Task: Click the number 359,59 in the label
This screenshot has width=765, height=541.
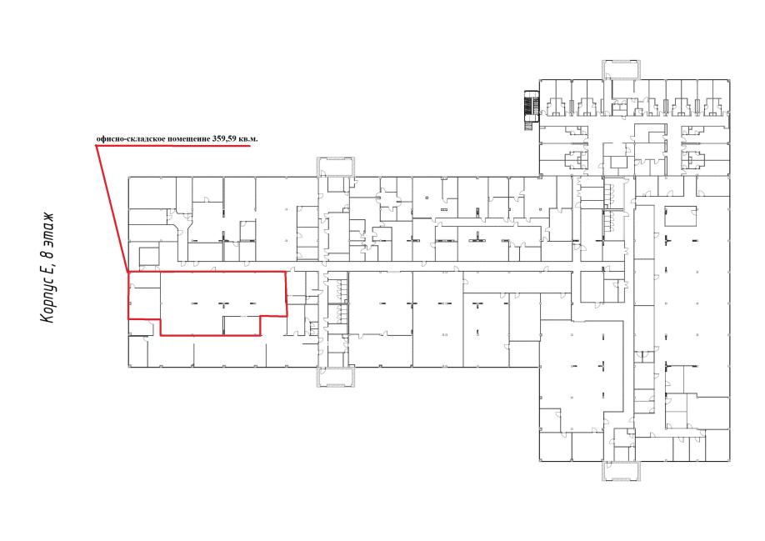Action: click(225, 138)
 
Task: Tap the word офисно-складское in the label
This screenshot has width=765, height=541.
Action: click(131, 139)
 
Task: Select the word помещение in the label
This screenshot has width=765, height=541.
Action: click(189, 139)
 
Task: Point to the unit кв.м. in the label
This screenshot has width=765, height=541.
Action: click(248, 138)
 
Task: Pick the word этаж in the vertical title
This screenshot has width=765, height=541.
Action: click(47, 230)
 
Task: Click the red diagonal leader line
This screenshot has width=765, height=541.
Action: click(112, 208)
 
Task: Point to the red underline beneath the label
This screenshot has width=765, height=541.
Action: click(173, 145)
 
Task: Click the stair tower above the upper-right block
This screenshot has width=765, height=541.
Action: click(621, 69)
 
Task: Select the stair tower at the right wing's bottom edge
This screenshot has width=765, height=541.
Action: click(621, 471)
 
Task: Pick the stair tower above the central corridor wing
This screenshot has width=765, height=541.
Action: click(336, 167)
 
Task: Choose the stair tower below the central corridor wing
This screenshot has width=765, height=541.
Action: click(336, 377)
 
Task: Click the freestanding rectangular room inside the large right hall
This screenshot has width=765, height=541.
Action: click(680, 216)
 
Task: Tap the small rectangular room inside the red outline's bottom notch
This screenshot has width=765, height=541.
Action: click(242, 325)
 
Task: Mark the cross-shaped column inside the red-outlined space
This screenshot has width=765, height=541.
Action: click(224, 304)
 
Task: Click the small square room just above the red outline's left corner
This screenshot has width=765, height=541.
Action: click(149, 256)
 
